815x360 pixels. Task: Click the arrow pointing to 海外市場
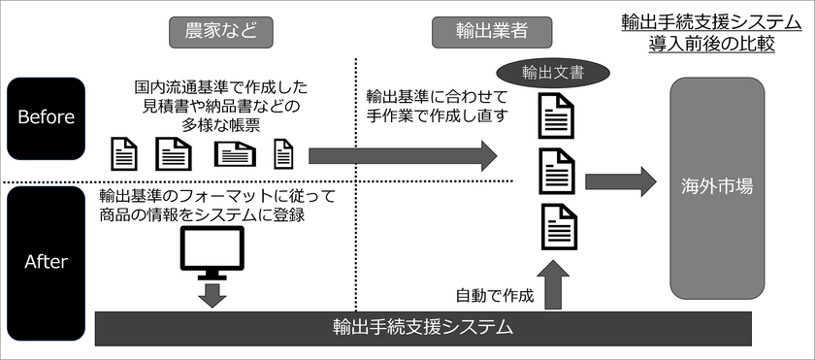621,181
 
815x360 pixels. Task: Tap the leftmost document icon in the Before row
125,153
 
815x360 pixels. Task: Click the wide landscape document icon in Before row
235,153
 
